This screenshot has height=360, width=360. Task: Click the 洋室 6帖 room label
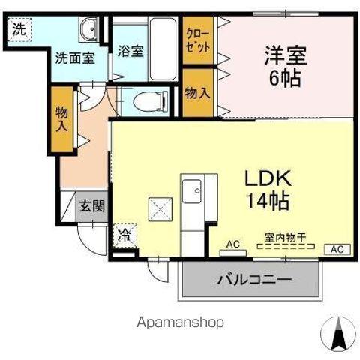[282, 66]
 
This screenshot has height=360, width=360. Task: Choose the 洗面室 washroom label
[73, 58]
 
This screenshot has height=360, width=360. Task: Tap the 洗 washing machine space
[17, 31]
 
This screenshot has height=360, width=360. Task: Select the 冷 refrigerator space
[123, 235]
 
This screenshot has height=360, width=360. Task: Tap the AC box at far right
[337, 248]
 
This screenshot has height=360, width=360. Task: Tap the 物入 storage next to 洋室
[197, 93]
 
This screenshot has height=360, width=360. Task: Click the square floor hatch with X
[159, 208]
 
